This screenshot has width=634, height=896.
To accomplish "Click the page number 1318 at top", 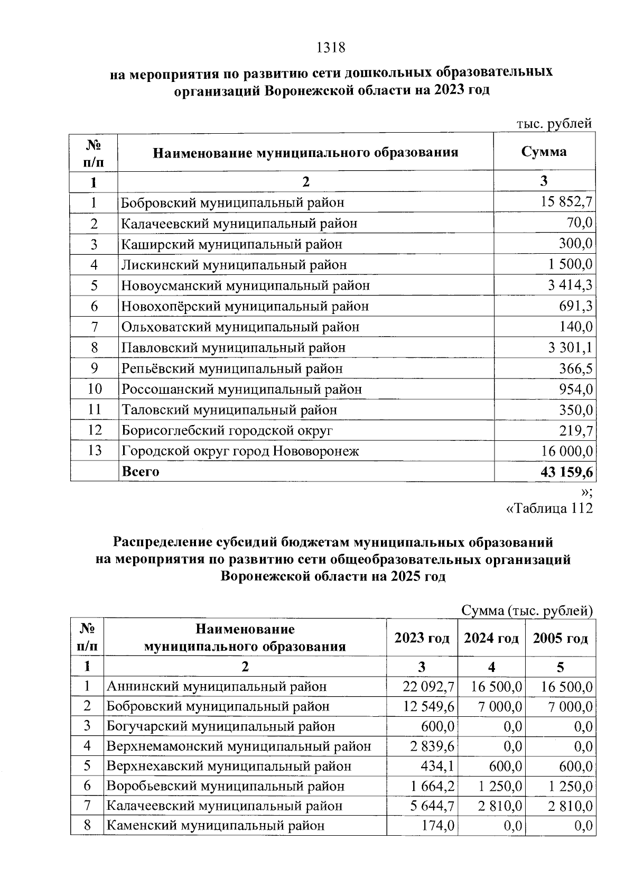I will coord(331,48).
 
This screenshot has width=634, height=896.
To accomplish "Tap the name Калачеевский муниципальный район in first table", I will coord(239,224).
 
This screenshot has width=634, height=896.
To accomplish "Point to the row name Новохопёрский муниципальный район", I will coord(245,307).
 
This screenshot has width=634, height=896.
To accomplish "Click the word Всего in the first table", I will coord(141,472).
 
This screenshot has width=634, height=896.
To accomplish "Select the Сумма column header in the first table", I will coord(544,152).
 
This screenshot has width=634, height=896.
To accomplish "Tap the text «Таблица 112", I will coord(549,509).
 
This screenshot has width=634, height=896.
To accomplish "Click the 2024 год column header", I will coord(491,638).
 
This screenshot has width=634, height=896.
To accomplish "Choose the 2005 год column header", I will coord(561,638).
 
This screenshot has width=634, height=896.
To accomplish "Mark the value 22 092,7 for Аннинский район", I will coord(428,687).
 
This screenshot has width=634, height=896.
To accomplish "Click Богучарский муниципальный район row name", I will coord(221,726).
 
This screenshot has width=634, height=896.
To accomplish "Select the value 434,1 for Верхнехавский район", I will coord(437,766).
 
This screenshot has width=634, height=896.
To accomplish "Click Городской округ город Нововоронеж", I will coord(240,451).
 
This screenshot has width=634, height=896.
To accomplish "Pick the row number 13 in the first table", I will coord(95,451).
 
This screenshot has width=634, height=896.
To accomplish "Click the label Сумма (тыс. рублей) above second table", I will coord(527,611).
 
